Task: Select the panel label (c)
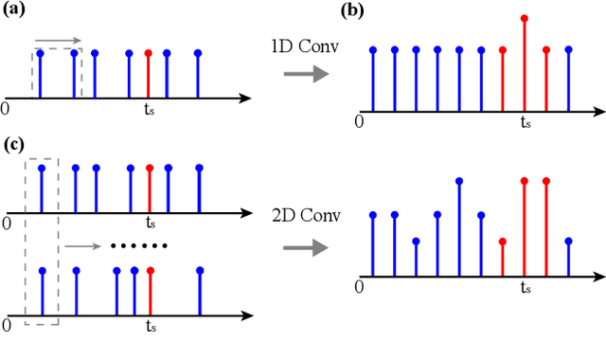17,144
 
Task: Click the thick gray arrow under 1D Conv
300,75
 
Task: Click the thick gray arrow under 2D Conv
300,247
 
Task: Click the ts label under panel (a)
150,108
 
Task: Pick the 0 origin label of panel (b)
359,121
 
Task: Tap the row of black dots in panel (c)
138,246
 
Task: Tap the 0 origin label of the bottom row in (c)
7,325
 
